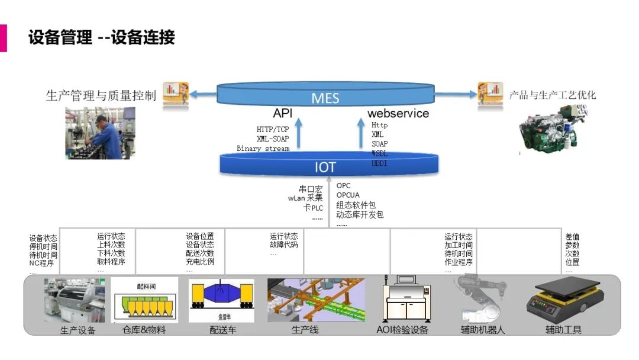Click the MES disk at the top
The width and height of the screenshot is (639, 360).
tap(325, 97)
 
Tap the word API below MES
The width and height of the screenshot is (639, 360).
tap(282, 113)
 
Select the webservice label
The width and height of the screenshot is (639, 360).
tap(398, 113)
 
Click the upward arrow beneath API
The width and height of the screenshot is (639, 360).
tap(298, 133)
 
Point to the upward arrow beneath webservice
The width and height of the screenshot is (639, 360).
tap(362, 133)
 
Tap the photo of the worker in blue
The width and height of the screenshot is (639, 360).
tap(100, 133)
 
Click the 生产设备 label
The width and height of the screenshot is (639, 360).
tap(78, 330)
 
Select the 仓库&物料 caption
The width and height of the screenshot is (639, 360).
tap(144, 330)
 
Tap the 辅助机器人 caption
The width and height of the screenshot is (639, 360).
tap(483, 330)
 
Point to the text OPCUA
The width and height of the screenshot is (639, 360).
tap(348, 195)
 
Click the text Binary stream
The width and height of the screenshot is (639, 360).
tap(263, 149)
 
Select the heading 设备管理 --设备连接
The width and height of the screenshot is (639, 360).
tap(102, 37)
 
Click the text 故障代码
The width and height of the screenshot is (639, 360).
tap(284, 245)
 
